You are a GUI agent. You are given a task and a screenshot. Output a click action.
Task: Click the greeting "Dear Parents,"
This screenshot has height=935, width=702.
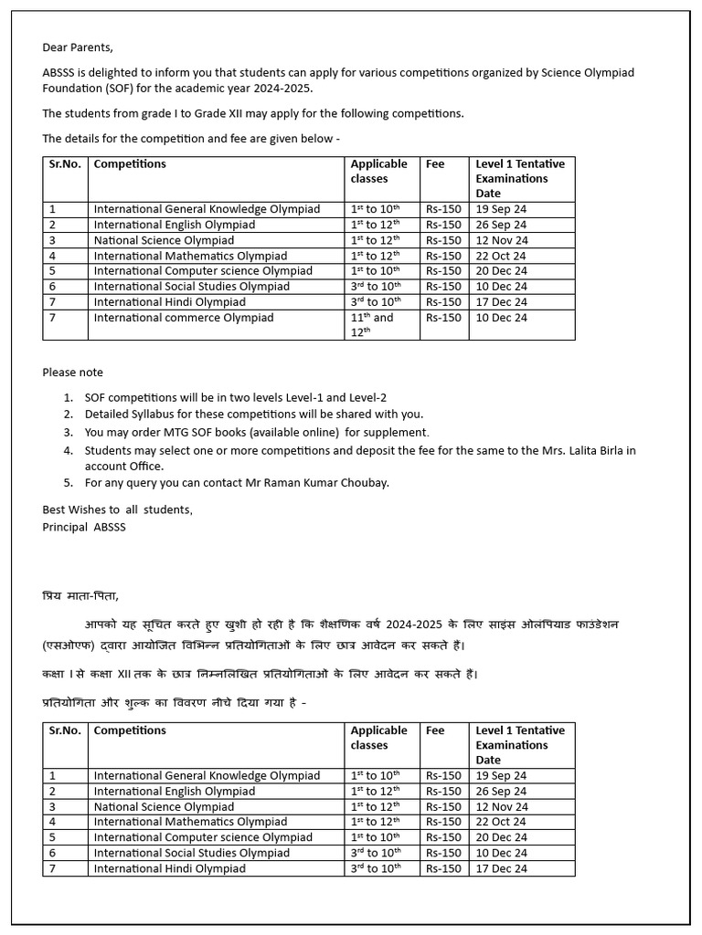78,47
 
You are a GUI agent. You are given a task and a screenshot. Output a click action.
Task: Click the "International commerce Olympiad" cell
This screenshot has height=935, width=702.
184,318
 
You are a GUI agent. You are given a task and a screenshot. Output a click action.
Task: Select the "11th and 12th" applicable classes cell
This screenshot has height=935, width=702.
372,324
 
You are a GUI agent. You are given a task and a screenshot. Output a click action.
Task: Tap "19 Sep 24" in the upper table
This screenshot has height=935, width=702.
501,209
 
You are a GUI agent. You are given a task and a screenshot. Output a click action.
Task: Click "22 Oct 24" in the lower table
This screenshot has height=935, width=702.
501,822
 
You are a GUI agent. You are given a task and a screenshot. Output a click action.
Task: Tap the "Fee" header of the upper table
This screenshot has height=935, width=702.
435,164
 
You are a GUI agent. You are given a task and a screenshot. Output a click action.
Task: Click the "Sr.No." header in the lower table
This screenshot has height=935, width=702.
65,730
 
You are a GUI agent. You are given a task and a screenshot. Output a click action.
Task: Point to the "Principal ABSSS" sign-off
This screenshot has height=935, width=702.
84,527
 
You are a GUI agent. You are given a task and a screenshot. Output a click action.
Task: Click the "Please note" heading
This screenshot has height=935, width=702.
72,373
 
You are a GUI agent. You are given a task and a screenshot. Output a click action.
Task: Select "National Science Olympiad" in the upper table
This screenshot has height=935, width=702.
164,240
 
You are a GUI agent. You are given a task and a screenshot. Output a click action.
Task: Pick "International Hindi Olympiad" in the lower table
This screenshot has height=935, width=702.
169,868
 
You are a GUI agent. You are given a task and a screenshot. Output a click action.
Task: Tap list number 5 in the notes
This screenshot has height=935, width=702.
69,482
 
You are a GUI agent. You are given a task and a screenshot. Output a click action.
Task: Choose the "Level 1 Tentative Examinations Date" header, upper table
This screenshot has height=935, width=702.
520,178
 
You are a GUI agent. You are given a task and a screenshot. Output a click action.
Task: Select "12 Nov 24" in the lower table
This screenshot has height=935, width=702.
502,806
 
